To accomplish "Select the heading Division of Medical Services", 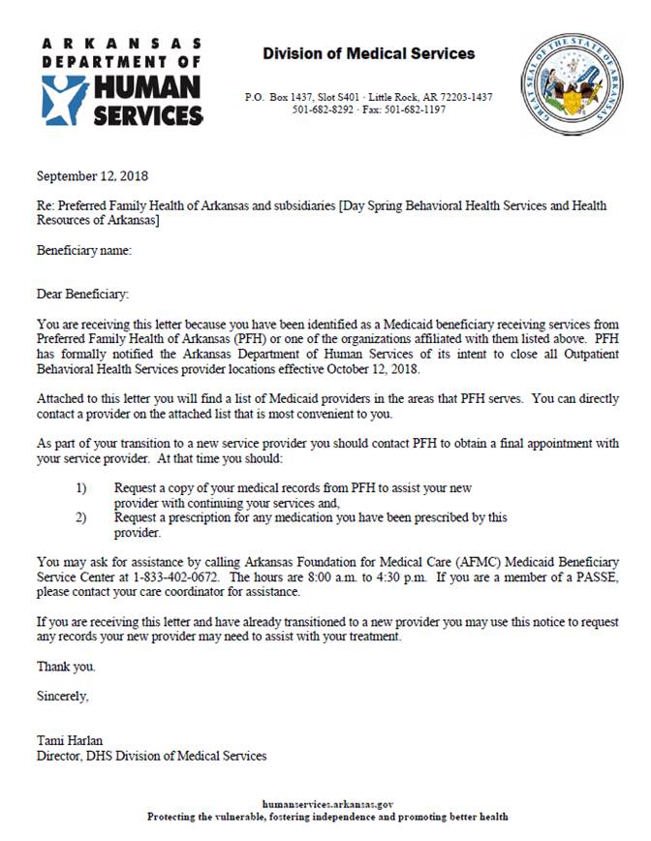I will pos(368,53).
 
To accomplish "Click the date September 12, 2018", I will pos(92,176).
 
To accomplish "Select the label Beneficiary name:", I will pos(83,251).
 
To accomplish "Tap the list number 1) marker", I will pos(81,488).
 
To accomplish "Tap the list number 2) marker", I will pos(81,517).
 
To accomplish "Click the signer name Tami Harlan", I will pos(70,741).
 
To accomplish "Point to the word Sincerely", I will pos(63,696).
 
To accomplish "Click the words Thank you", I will pos(66,667).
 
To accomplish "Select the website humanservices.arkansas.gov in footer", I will pos(327,804).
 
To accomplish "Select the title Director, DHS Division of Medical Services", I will pos(151,756).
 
